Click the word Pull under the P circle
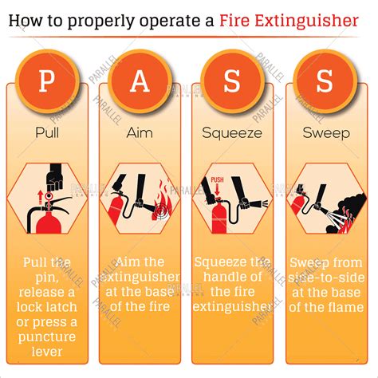click(48, 133)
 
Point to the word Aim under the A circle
click(140, 133)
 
